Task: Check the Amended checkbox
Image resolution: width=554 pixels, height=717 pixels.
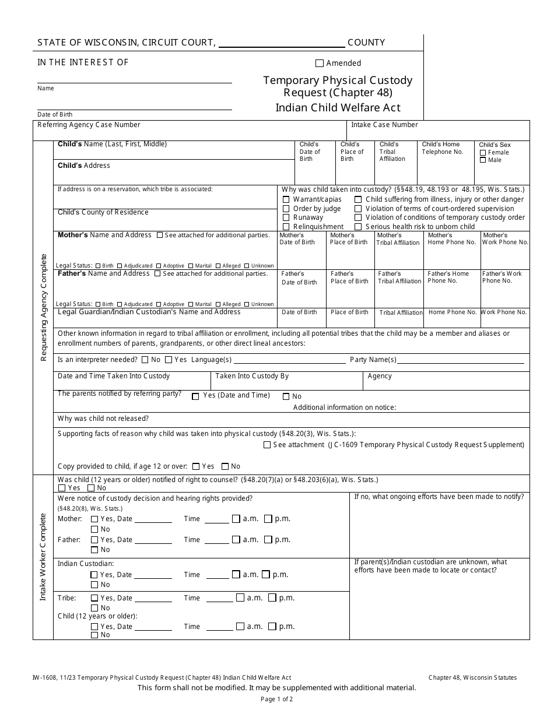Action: point(319,63)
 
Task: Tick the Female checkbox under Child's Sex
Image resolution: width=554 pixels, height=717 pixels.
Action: point(483,153)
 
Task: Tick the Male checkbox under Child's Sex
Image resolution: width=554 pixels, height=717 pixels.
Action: point(483,160)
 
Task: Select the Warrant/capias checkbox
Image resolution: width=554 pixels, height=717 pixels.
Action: point(286,199)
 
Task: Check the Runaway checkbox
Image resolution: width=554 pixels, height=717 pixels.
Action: point(286,217)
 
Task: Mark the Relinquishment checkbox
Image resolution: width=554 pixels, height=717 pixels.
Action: point(286,227)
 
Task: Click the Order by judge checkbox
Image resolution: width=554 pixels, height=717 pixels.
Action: point(286,209)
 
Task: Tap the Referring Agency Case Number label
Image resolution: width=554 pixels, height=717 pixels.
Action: point(89,125)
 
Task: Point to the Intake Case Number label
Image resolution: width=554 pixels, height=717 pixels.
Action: point(384,125)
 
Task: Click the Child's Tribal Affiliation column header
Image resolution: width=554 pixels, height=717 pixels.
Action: point(392,152)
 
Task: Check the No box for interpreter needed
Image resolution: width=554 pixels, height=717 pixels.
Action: point(145,360)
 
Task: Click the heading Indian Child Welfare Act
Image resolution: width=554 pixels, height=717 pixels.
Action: point(338,107)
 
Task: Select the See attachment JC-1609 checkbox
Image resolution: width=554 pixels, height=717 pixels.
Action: point(267,445)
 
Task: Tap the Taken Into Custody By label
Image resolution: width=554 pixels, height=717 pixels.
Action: point(252,376)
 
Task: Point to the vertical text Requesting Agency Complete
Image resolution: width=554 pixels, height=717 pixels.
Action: point(43,308)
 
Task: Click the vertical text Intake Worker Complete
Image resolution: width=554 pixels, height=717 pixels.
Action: point(43,557)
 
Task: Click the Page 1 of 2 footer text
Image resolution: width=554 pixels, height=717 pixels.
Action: point(276,699)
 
